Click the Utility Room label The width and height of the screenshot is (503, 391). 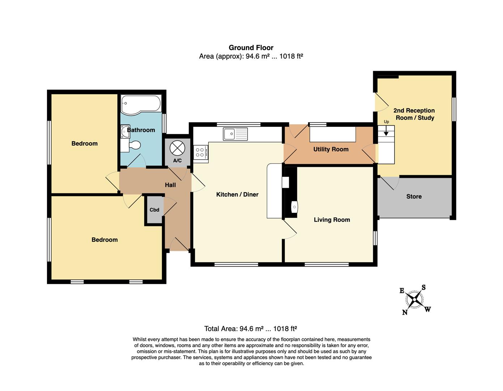click(x=331, y=150)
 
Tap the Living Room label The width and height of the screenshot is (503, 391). click(x=332, y=220)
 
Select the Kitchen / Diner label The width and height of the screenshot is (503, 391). click(x=237, y=194)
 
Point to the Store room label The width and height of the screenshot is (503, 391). click(x=414, y=197)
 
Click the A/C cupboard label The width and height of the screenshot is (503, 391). click(x=177, y=160)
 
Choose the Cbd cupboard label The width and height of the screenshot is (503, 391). click(x=154, y=210)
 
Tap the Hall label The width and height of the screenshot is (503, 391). click(x=170, y=185)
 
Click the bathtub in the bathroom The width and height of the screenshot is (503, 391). click(x=141, y=105)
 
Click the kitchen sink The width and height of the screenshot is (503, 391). click(x=235, y=134)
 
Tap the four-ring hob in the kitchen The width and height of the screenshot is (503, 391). click(x=201, y=152)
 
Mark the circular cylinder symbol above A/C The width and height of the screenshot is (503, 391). click(x=177, y=148)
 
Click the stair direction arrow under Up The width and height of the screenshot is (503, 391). click(x=386, y=131)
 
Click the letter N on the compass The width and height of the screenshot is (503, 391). click(x=405, y=312)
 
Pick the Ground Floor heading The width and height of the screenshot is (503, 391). click(x=251, y=48)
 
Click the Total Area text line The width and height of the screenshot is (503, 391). click(x=251, y=329)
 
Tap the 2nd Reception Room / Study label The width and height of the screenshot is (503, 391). click(x=414, y=114)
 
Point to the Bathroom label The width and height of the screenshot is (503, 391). click(x=141, y=130)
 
